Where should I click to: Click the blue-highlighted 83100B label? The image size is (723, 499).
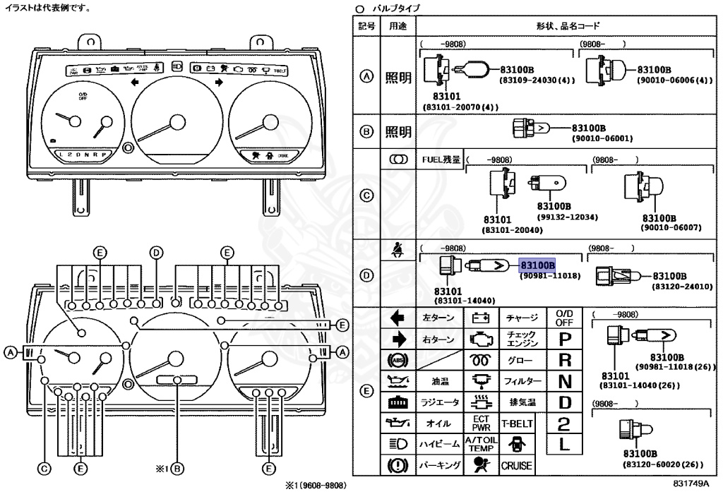[x=537, y=265]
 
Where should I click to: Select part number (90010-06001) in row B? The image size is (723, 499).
[x=602, y=139]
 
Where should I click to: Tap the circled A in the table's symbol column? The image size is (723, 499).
[x=366, y=78]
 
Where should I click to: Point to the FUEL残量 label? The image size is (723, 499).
[x=441, y=160]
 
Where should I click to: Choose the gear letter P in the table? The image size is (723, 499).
[x=564, y=339]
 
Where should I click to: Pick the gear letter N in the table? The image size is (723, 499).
[x=564, y=381]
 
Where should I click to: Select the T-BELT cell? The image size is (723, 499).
[x=517, y=424]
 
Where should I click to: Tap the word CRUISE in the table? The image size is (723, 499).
[x=517, y=466]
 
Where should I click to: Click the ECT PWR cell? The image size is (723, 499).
[x=481, y=423]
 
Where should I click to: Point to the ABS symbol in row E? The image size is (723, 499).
[x=398, y=360]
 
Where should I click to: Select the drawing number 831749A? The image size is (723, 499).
[x=690, y=483]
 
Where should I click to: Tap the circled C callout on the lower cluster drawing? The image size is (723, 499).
[x=44, y=467]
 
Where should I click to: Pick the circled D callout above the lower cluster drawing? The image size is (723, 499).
[x=156, y=252]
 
